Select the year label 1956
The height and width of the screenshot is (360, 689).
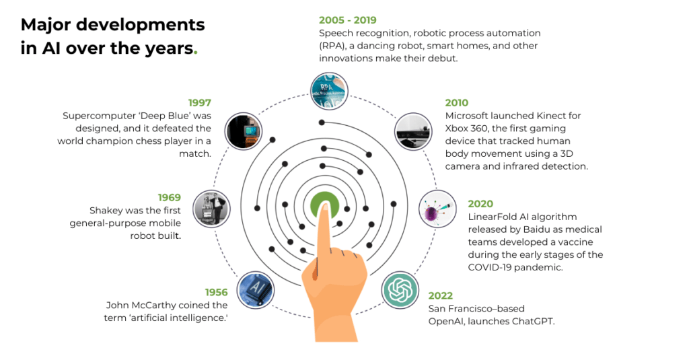(215, 293)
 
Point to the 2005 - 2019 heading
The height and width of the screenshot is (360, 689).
(348, 21)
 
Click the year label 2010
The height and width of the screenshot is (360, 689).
(457, 103)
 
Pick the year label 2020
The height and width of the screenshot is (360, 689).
(480, 204)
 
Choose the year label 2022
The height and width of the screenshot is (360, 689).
(440, 296)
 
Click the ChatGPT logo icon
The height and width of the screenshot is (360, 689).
(401, 290)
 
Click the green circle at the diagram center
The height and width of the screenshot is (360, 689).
(325, 205)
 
